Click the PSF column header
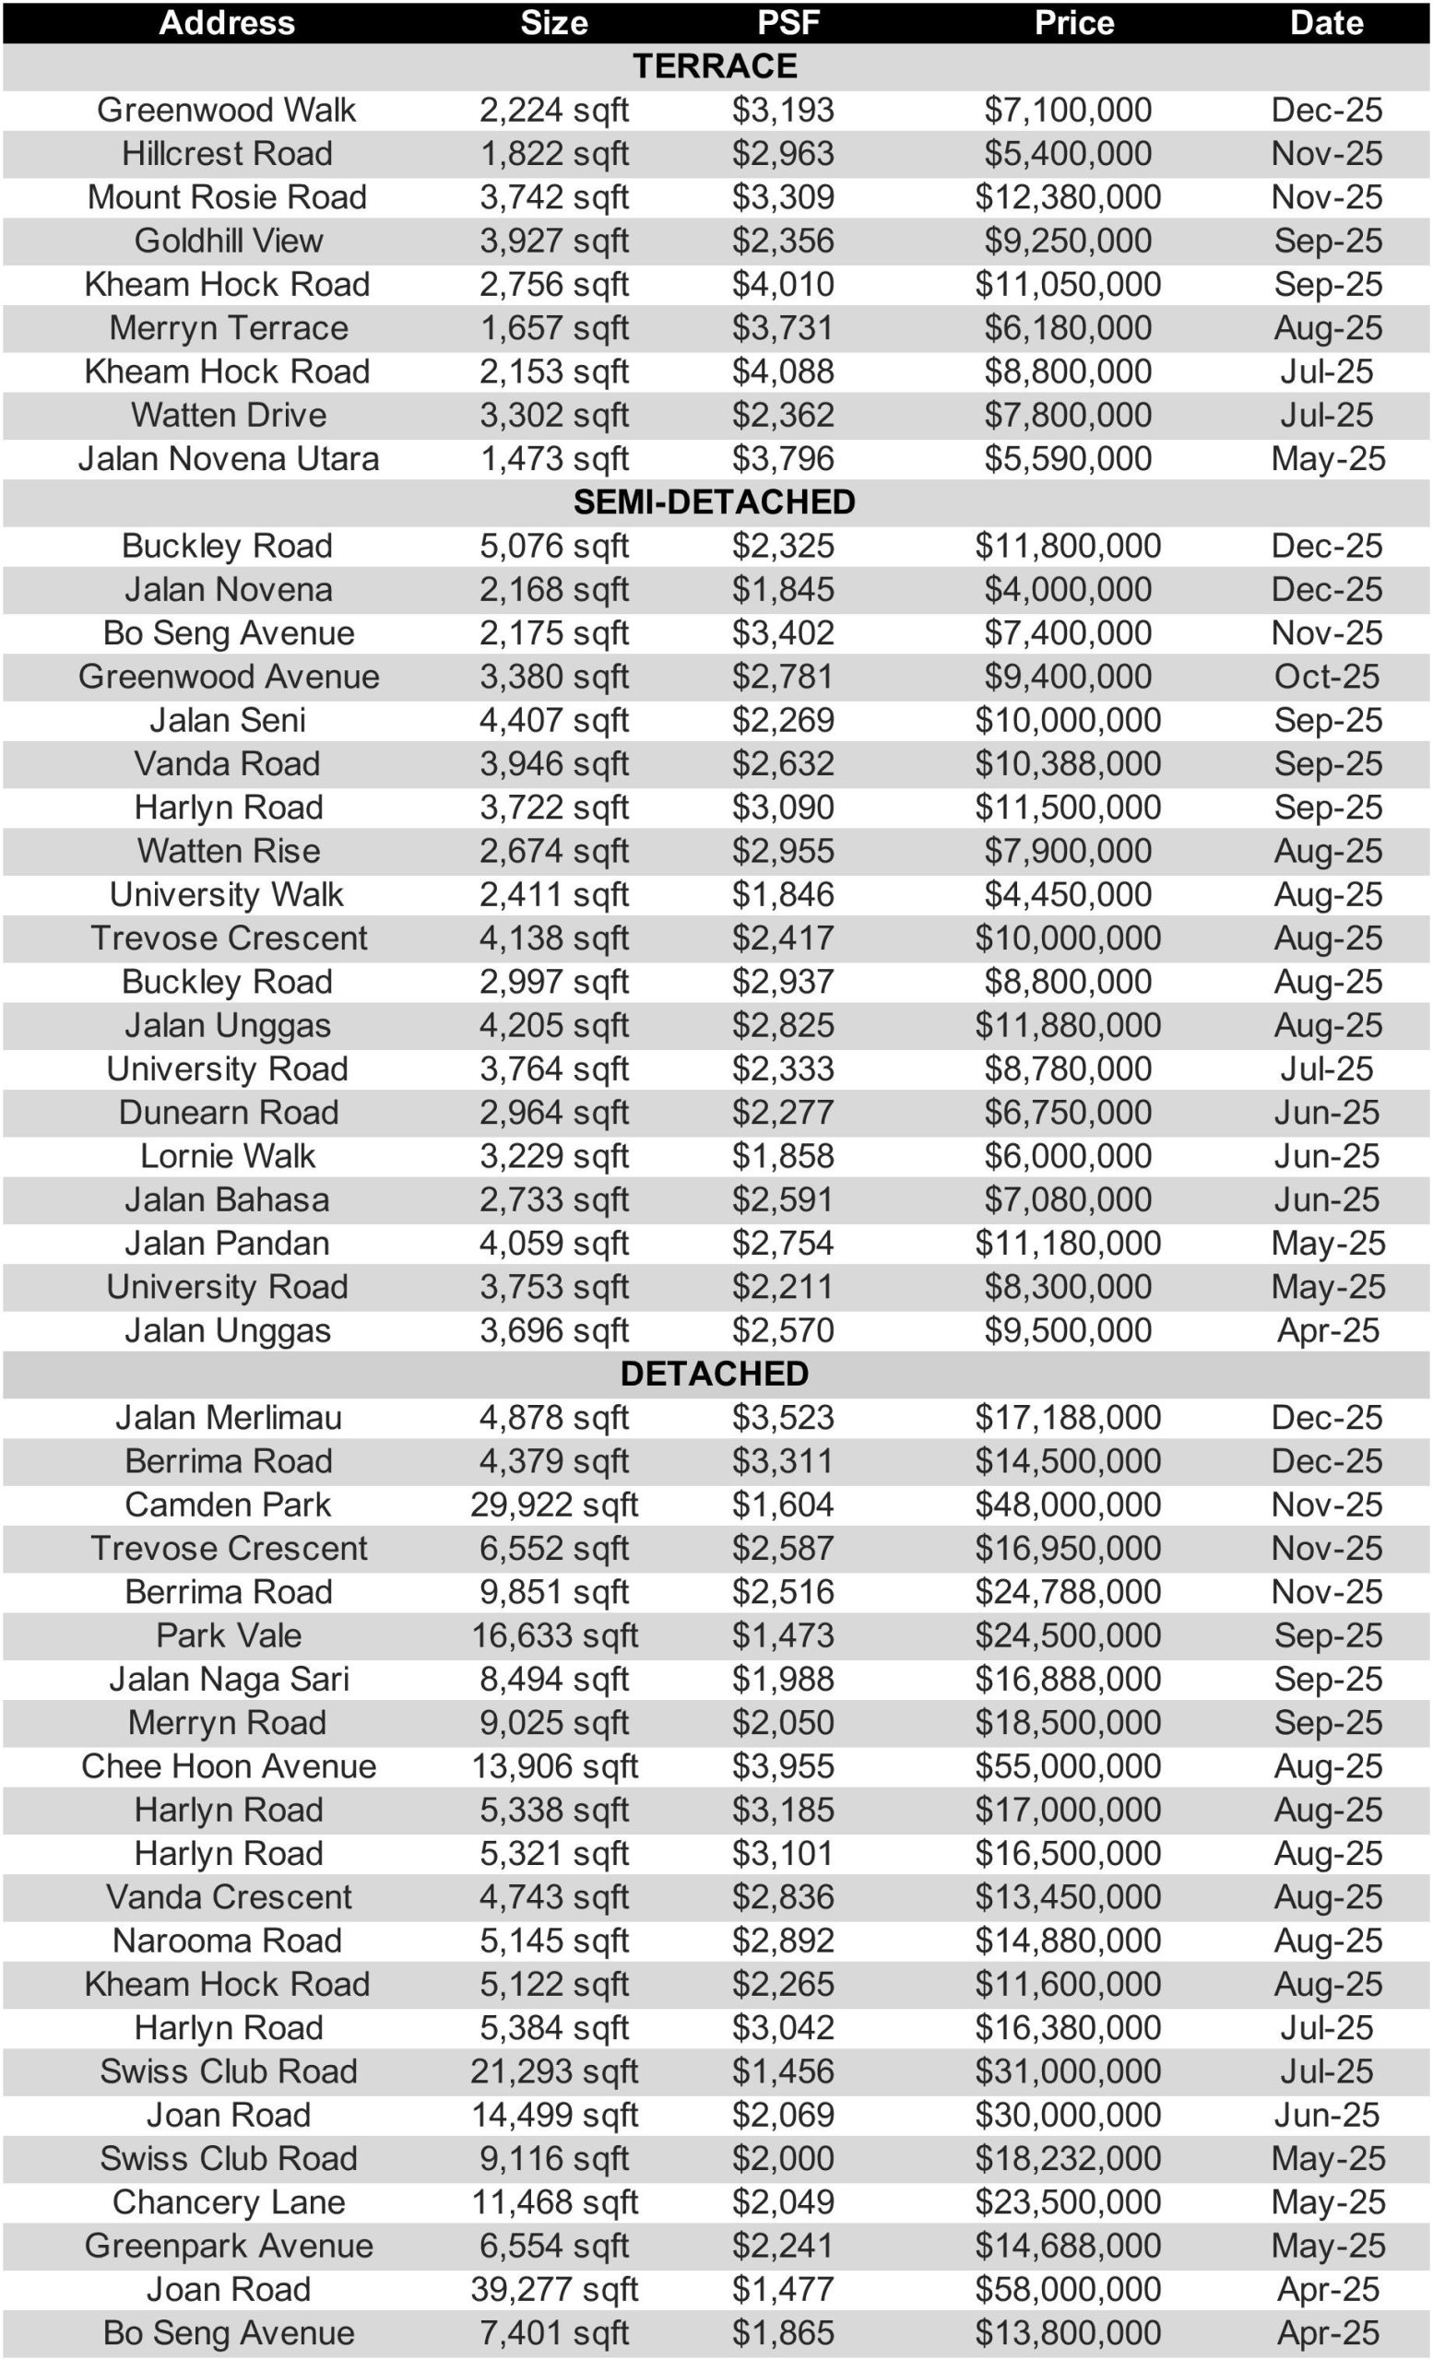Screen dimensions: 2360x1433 pyautogui.click(x=788, y=22)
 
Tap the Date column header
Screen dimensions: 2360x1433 pyautogui.click(x=1326, y=22)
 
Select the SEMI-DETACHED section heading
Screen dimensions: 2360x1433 pyautogui.click(x=714, y=501)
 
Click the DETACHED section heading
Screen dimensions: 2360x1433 pyautogui.click(x=714, y=1374)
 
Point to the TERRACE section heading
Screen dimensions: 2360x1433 pyautogui.click(x=714, y=66)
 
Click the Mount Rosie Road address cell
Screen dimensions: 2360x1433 pyautogui.click(x=227, y=197)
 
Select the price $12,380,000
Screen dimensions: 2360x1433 pyautogui.click(x=1067, y=197)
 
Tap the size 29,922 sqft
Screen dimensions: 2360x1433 pyautogui.click(x=553, y=1504)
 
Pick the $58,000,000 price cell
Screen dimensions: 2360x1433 pyautogui.click(x=1067, y=2289)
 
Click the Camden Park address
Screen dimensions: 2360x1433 pyautogui.click(x=227, y=1504)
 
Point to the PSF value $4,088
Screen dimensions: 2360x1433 pyautogui.click(x=783, y=372)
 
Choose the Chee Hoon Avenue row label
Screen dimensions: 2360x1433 pyautogui.click(x=228, y=1766)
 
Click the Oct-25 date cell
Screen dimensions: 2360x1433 pyautogui.click(x=1326, y=677)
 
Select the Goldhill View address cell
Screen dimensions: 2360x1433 pyautogui.click(x=228, y=241)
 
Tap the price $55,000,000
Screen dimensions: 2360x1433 pyautogui.click(x=1067, y=1766)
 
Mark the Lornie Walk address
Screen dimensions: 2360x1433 pyautogui.click(x=227, y=1156)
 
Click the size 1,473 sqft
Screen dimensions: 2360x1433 pyautogui.click(x=553, y=459)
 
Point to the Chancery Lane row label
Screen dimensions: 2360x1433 pyautogui.click(x=228, y=2202)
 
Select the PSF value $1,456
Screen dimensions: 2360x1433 pyautogui.click(x=783, y=2071)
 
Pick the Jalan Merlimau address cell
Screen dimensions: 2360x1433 pyautogui.click(x=228, y=1418)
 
